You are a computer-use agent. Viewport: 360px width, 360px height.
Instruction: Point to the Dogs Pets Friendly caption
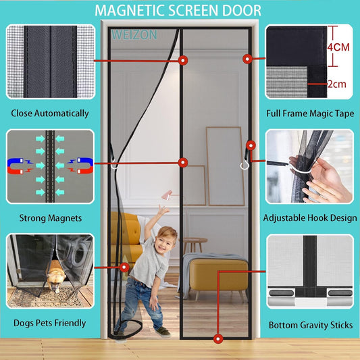[x=49, y=323]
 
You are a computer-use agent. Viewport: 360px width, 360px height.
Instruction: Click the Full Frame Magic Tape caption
[x=310, y=113]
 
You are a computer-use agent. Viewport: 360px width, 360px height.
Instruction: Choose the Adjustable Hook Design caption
[x=310, y=217]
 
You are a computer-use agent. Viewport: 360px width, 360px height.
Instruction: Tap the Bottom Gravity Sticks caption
[x=310, y=325]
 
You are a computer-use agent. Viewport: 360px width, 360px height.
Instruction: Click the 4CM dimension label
[x=341, y=48]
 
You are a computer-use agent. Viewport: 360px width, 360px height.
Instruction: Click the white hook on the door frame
[x=244, y=164]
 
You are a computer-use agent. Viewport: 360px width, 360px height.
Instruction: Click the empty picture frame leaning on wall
[x=224, y=165]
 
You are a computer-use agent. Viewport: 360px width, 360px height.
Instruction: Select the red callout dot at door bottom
[x=217, y=338]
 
